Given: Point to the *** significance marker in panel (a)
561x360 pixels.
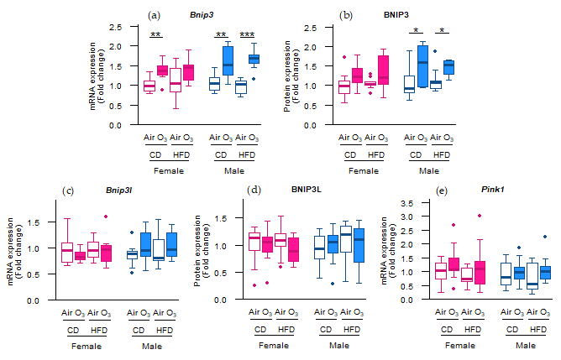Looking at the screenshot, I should coord(247,34).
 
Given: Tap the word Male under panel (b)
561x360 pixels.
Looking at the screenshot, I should coord(428,170).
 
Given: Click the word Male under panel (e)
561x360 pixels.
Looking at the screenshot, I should coord(526,345).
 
